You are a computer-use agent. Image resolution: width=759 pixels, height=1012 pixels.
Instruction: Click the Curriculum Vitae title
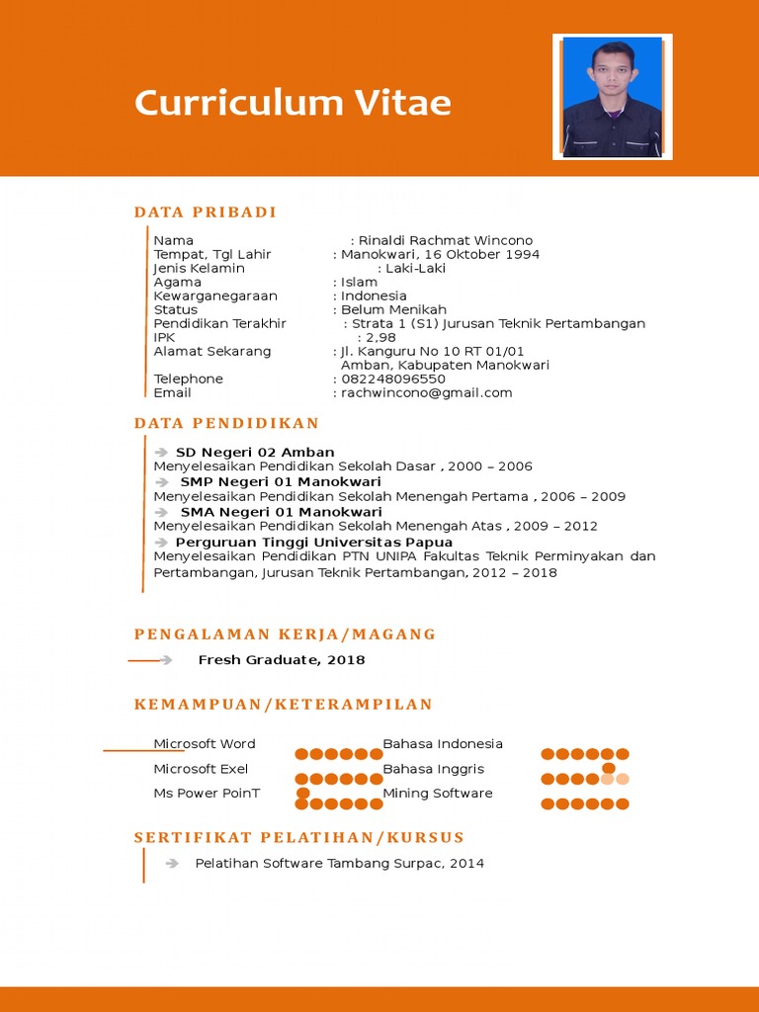[293, 103]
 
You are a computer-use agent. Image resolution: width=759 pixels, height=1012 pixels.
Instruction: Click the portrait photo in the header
[612, 97]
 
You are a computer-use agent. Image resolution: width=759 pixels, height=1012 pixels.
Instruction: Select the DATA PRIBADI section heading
[206, 212]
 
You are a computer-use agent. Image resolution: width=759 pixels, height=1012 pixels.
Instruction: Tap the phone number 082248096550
[393, 379]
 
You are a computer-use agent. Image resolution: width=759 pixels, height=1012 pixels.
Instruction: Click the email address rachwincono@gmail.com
[427, 392]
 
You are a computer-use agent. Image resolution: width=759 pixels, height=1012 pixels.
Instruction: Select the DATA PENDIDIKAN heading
[227, 424]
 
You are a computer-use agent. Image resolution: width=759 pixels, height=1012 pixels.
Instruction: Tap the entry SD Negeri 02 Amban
[255, 453]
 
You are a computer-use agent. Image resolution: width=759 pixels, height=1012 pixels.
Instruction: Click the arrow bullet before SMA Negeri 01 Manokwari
[162, 512]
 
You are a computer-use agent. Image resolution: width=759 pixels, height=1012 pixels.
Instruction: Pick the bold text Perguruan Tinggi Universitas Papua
[314, 542]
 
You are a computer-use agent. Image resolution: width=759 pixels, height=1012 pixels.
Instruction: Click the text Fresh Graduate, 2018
[282, 660]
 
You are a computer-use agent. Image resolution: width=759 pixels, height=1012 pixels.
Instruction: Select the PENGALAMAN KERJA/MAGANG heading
[285, 634]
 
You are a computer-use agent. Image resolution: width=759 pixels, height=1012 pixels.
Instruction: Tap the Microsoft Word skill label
[205, 744]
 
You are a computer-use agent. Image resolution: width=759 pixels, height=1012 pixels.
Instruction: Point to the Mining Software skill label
[437, 794]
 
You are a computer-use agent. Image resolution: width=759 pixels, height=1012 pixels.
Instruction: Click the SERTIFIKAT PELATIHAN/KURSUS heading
[298, 838]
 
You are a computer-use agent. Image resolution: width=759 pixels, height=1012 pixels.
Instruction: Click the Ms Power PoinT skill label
[207, 794]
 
